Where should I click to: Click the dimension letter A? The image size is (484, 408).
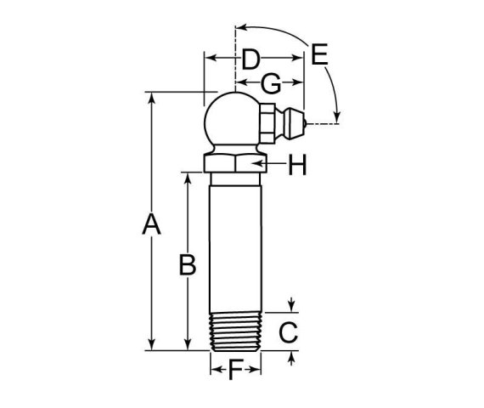[151, 224]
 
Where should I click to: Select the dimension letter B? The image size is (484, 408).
[188, 265]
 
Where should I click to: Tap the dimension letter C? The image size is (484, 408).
[289, 332]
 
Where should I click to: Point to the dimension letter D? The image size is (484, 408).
[250, 59]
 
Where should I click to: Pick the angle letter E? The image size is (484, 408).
[319, 54]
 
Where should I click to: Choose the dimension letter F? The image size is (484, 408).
[235, 370]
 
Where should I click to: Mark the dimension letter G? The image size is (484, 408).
[271, 83]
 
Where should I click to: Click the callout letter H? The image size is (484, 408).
[297, 165]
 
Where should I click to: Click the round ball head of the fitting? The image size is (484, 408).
[231, 119]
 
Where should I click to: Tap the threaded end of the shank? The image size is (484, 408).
[235, 332]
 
